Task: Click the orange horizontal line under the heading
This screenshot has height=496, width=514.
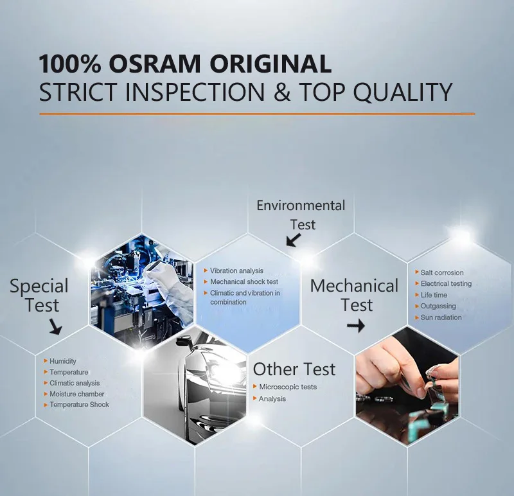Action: point(257,114)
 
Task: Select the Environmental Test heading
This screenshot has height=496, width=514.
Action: point(301,215)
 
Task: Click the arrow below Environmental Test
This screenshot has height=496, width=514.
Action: point(294,240)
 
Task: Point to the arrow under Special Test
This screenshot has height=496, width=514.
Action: point(55,327)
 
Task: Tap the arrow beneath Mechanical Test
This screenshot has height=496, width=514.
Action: point(356,326)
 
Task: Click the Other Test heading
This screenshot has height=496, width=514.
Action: point(294,369)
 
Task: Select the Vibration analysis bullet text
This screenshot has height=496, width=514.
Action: point(236,270)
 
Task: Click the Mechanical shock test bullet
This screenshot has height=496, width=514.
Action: point(244,282)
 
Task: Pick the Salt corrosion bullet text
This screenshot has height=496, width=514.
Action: point(442,272)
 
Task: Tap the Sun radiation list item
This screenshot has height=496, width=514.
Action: point(441,317)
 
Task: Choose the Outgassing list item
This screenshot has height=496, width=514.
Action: point(438,306)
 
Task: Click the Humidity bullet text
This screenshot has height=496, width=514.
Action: point(62,361)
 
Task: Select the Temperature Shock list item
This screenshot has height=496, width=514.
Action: point(79,405)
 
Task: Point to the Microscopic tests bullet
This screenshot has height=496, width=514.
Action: point(288,387)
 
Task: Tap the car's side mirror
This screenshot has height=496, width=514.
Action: point(182,342)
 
